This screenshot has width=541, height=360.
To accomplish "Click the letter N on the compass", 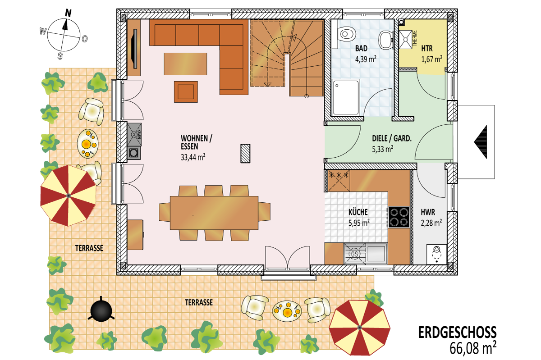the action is tap(69, 13).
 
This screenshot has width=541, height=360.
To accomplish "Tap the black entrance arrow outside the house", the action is tap(481, 142).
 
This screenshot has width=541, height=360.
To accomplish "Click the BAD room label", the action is tap(361, 48).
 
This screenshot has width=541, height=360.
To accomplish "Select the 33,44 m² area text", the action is tap(193, 157).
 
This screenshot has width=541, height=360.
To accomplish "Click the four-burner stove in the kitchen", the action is tap(399, 217).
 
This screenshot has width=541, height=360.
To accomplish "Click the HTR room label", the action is tap(427, 48).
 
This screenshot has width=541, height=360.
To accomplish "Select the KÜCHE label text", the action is tap(358, 212).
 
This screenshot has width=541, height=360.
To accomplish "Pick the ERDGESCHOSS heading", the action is tap(458, 332).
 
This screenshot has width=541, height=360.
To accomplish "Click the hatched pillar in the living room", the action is tap(245, 153).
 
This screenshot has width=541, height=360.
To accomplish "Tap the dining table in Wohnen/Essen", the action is tap(214, 213).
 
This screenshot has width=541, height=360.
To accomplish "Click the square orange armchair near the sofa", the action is tap(186, 92).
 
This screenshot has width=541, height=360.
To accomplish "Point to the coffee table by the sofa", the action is tap(185, 64).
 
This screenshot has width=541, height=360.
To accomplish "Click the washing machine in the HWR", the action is tap(436, 254).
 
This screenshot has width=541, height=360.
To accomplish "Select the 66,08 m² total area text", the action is tap(473, 348).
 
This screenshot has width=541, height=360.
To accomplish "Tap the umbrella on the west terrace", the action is tap(68, 196).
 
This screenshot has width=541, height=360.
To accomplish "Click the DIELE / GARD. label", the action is tap(392, 138).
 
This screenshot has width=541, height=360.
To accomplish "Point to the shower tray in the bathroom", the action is tap(346, 97).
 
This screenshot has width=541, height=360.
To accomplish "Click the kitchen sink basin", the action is tap(376, 254).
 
